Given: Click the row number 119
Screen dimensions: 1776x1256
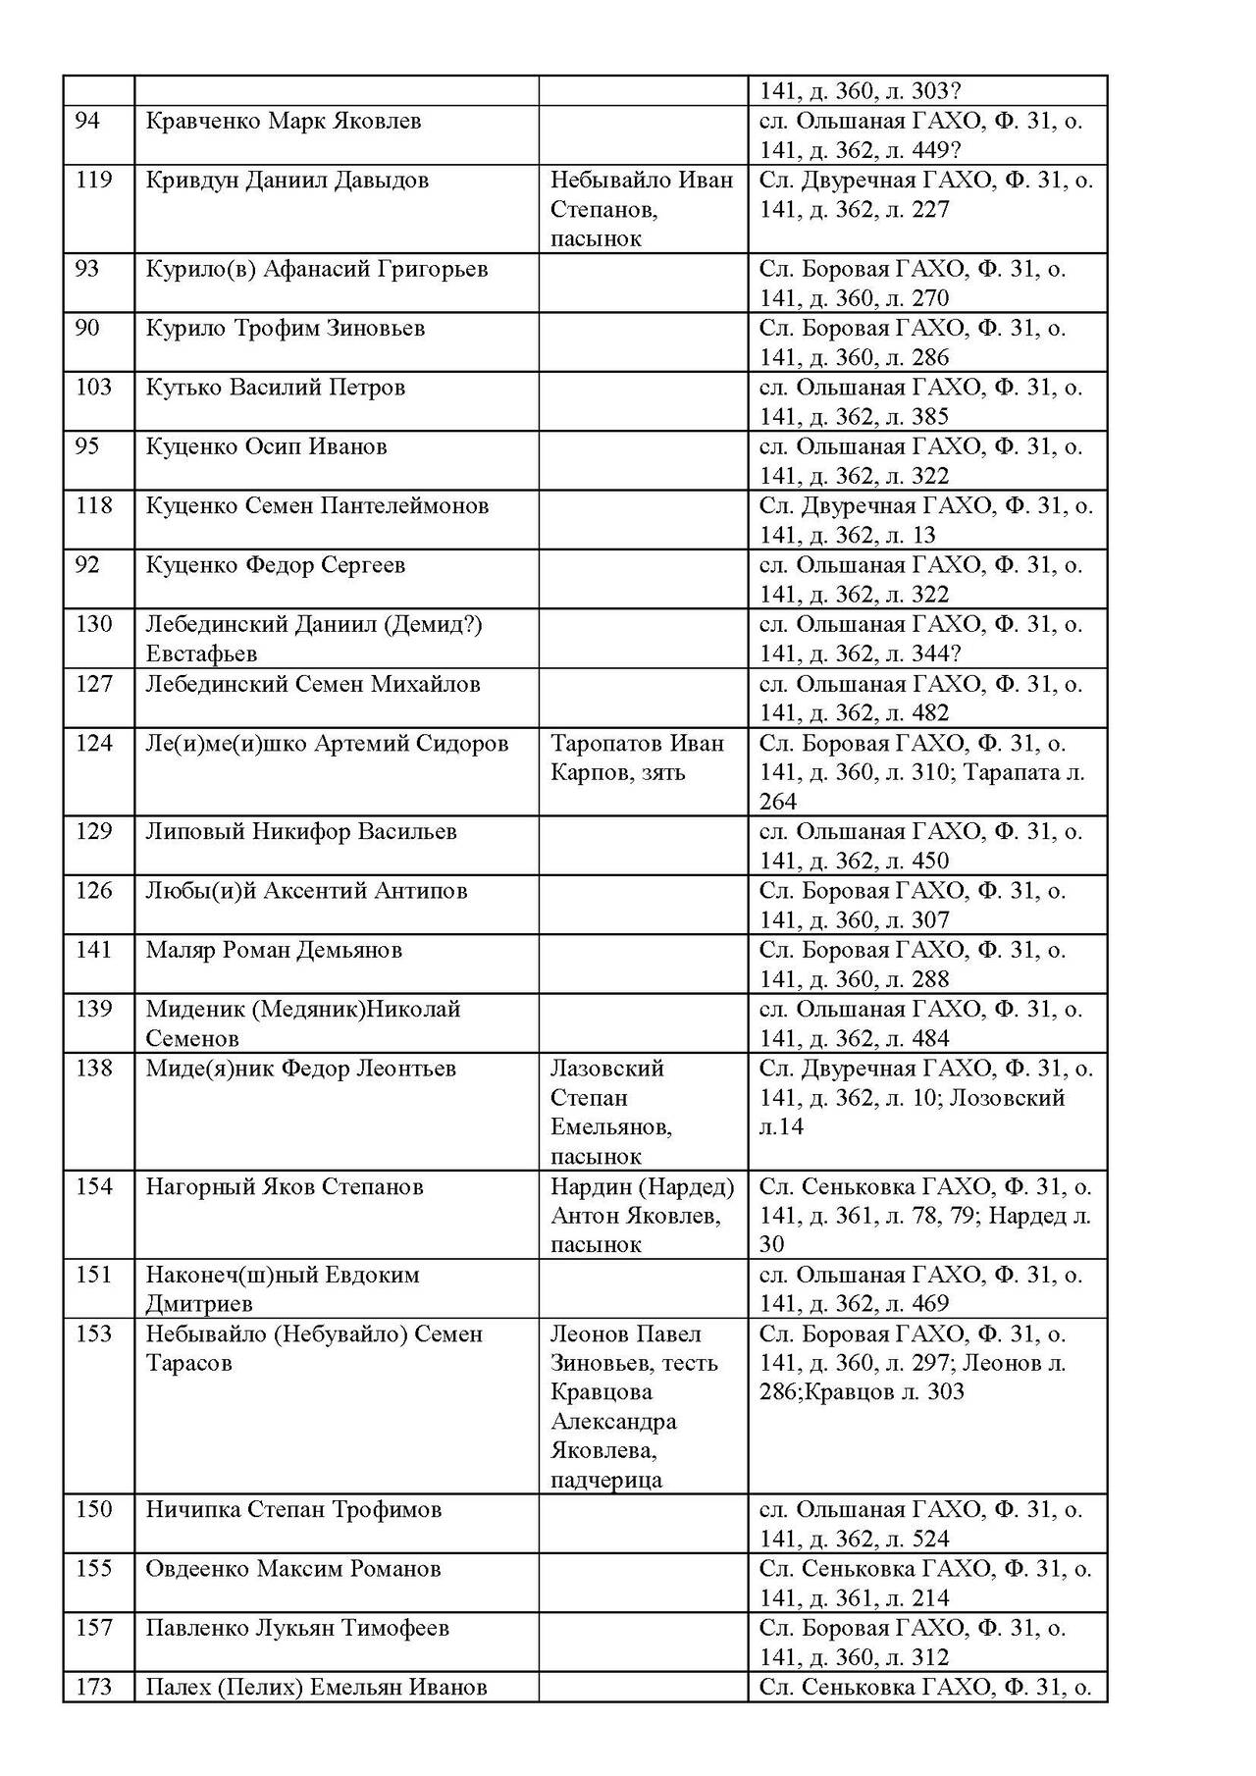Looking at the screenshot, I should (94, 181).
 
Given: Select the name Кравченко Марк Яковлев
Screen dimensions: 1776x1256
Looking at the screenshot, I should (284, 122).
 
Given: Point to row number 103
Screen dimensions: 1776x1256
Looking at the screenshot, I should (94, 388).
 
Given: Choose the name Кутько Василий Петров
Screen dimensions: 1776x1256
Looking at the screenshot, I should (275, 388).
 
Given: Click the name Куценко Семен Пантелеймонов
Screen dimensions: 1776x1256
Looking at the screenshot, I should (317, 506).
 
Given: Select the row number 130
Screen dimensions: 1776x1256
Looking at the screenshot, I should (94, 624).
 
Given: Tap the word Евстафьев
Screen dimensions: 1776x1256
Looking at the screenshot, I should (201, 653).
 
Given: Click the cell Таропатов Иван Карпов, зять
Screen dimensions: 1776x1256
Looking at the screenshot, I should (637, 757).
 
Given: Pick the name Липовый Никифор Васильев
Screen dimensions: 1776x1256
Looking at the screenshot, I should (301, 832).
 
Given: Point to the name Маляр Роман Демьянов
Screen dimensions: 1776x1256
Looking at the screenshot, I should (274, 950).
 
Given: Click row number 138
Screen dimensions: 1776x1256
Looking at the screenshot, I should (94, 1069).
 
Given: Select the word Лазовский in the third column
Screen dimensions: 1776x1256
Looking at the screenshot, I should (607, 1069).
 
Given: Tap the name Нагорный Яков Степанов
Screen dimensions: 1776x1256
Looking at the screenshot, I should (285, 1187).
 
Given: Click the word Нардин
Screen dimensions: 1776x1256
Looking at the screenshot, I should (591, 1187).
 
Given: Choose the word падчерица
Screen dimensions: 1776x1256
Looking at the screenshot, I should (606, 1480).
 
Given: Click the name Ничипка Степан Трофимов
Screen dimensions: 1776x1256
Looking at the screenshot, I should (293, 1510).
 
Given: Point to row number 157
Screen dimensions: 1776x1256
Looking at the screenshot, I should (94, 1628).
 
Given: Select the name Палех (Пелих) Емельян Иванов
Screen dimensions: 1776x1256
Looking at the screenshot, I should (316, 1688).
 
